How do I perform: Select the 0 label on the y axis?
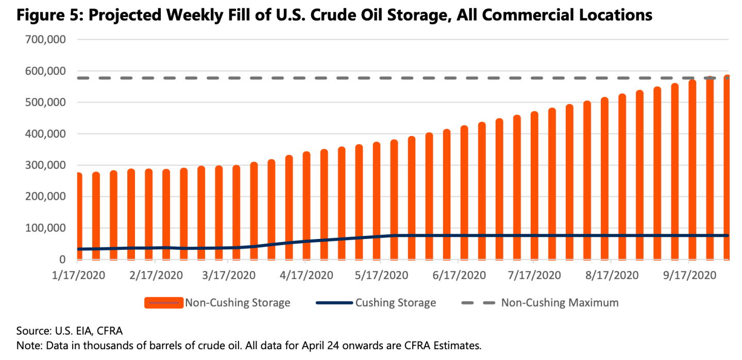coord(61,259)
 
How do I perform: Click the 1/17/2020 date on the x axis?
coord(79,275)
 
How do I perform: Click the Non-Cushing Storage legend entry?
coord(238,303)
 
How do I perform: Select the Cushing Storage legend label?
coord(395,303)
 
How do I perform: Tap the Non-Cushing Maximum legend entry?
coord(560,303)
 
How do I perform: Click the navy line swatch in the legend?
coord(334,303)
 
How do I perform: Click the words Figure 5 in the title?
coord(47,15)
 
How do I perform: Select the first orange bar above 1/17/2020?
coord(79,216)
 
